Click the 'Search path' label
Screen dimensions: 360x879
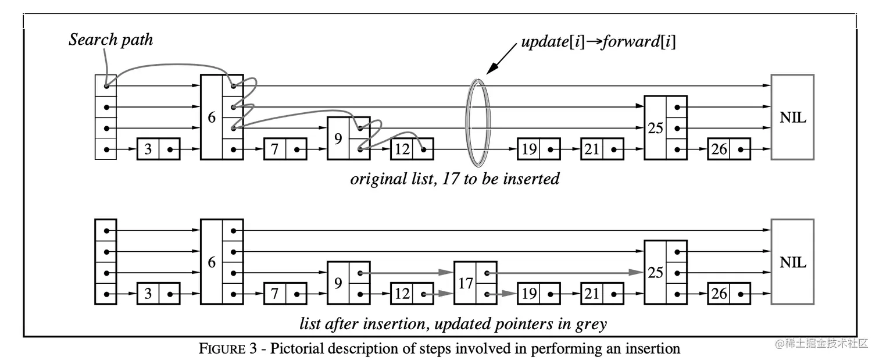click(110, 40)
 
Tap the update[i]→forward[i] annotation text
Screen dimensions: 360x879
click(598, 42)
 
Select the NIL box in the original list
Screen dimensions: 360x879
click(792, 117)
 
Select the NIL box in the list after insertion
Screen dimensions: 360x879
click(792, 262)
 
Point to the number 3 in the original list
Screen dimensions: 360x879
click(148, 149)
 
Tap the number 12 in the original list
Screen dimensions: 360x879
click(402, 149)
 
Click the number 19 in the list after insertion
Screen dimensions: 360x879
click(528, 294)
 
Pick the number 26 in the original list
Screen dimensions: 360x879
click(719, 149)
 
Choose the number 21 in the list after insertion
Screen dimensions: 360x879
click(592, 294)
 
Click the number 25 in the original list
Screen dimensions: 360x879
click(655, 128)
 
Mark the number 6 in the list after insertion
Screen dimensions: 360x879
click(212, 262)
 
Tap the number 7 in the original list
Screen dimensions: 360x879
click(275, 149)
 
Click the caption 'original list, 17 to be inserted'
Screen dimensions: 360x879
click(455, 178)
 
